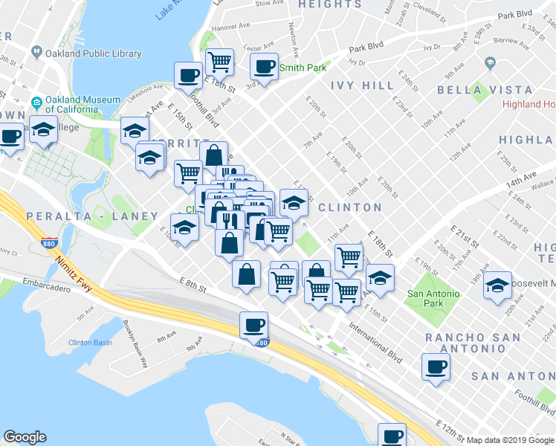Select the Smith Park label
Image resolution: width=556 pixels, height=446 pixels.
tap(303, 68)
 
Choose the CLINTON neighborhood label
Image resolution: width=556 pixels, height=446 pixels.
tap(349, 207)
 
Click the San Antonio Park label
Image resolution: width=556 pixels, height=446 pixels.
tap(434, 298)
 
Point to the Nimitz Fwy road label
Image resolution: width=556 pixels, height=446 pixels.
tap(71, 273)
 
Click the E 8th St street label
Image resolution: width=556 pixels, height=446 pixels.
tap(191, 281)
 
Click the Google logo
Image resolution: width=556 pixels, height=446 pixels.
tap(25, 437)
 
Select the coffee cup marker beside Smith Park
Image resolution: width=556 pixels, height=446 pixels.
tap(264, 67)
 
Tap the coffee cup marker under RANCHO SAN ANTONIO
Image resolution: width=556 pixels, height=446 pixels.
tap(436, 366)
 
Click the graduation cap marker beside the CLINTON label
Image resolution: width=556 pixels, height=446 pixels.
tap(294, 202)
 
